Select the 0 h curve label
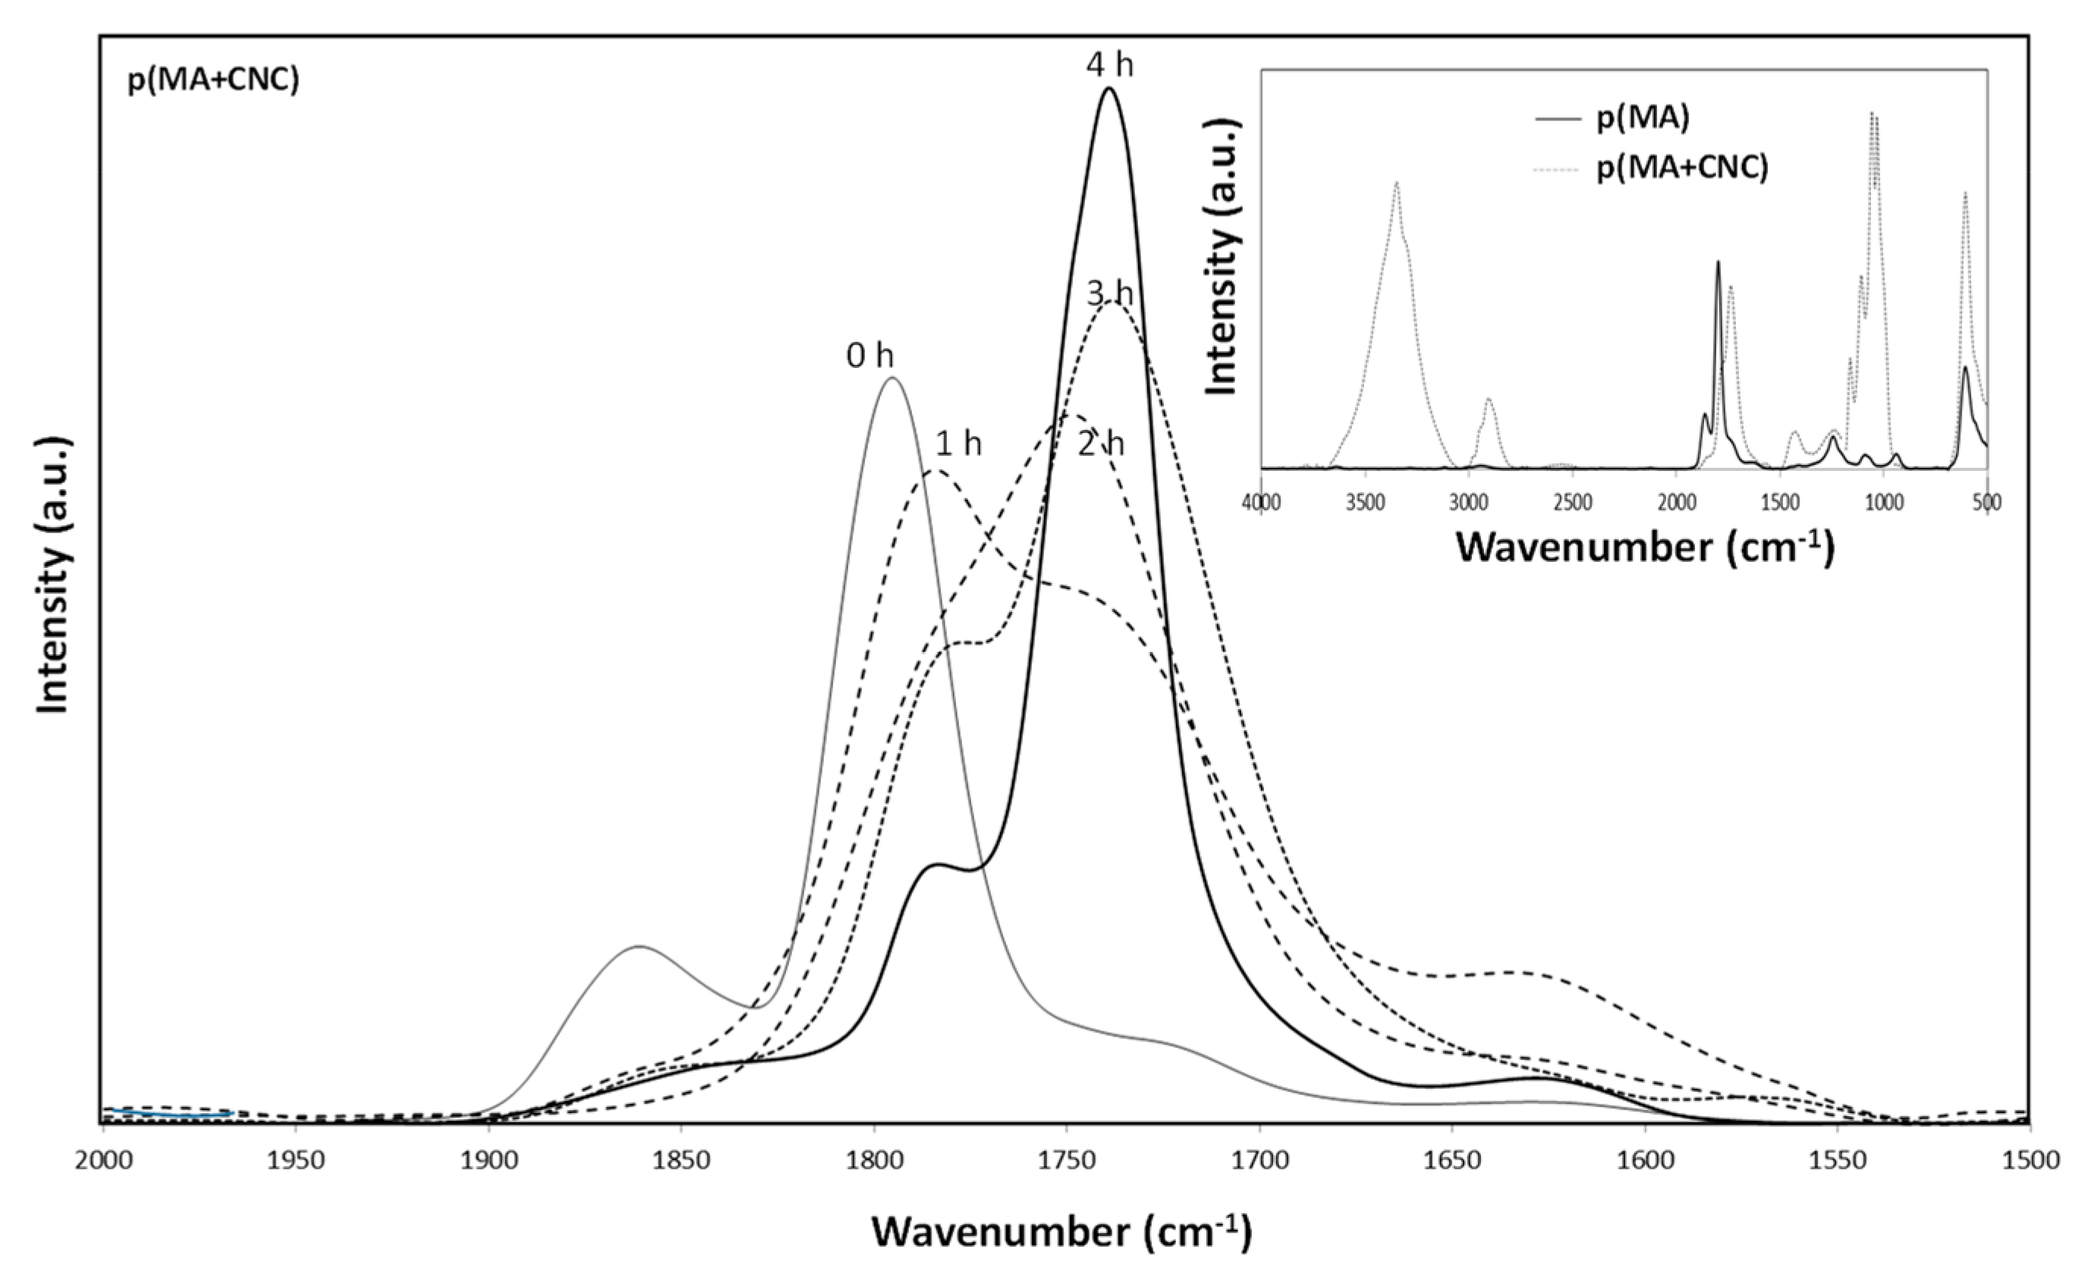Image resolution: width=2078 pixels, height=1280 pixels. tap(869, 357)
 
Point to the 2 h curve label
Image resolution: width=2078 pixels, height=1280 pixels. tap(1101, 444)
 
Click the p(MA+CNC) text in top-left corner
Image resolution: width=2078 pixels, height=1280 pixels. tap(213, 81)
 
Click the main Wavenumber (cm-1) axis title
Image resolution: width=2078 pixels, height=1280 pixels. tap(1061, 1231)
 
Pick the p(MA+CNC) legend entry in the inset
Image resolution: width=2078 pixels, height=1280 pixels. tap(1682, 168)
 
